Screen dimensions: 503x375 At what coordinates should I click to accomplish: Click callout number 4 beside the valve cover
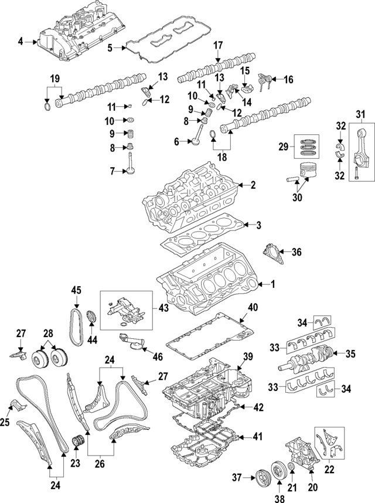click(21, 41)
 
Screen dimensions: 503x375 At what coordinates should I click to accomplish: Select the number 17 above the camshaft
click(218, 45)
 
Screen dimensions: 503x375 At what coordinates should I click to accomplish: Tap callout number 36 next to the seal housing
click(296, 253)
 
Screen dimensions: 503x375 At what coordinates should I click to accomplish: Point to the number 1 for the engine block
click(272, 284)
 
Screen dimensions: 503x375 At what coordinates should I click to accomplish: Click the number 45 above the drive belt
click(76, 290)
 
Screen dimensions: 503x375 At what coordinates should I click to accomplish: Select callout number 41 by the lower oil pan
click(258, 436)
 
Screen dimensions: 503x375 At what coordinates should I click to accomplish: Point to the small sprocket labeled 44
click(91, 317)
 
